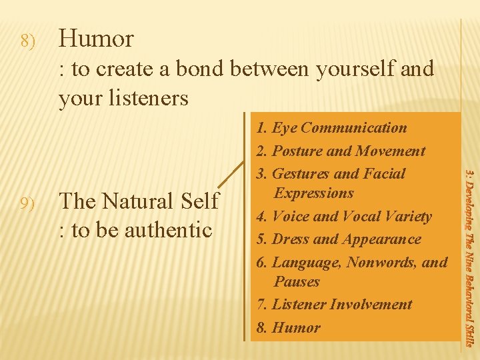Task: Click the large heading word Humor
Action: pos(96,39)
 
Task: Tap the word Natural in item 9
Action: pos(139,201)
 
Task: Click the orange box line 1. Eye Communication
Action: pos(331,128)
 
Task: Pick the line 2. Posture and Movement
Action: pos(341,151)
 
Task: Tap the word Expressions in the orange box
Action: pos(314,193)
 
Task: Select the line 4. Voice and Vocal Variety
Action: pos(344,217)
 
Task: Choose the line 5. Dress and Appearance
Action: pos(339,239)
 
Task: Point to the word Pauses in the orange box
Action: pos(297,282)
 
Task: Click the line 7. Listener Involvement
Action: pos(335,305)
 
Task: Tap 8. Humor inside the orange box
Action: pos(289,328)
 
